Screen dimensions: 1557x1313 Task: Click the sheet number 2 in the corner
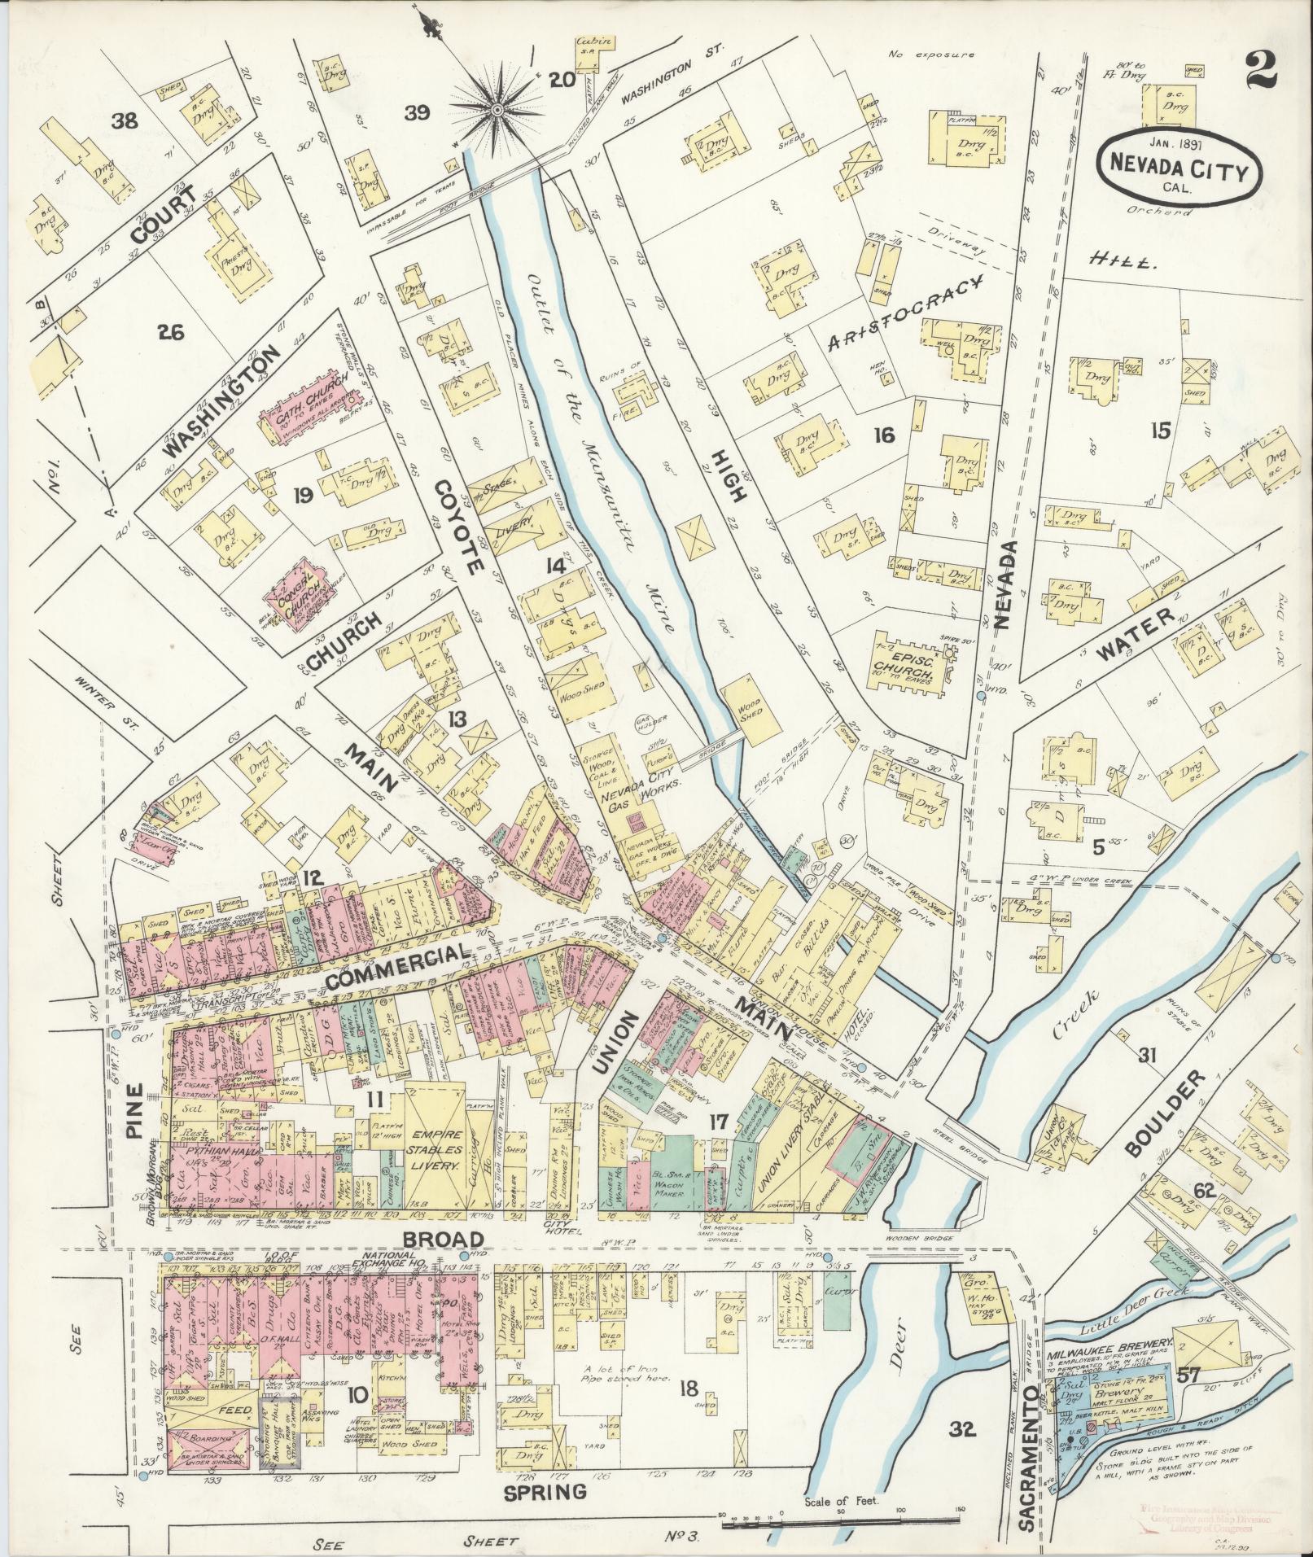coord(1260,73)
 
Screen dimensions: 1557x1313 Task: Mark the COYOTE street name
coord(460,527)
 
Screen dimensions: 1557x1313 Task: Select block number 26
coord(172,332)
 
